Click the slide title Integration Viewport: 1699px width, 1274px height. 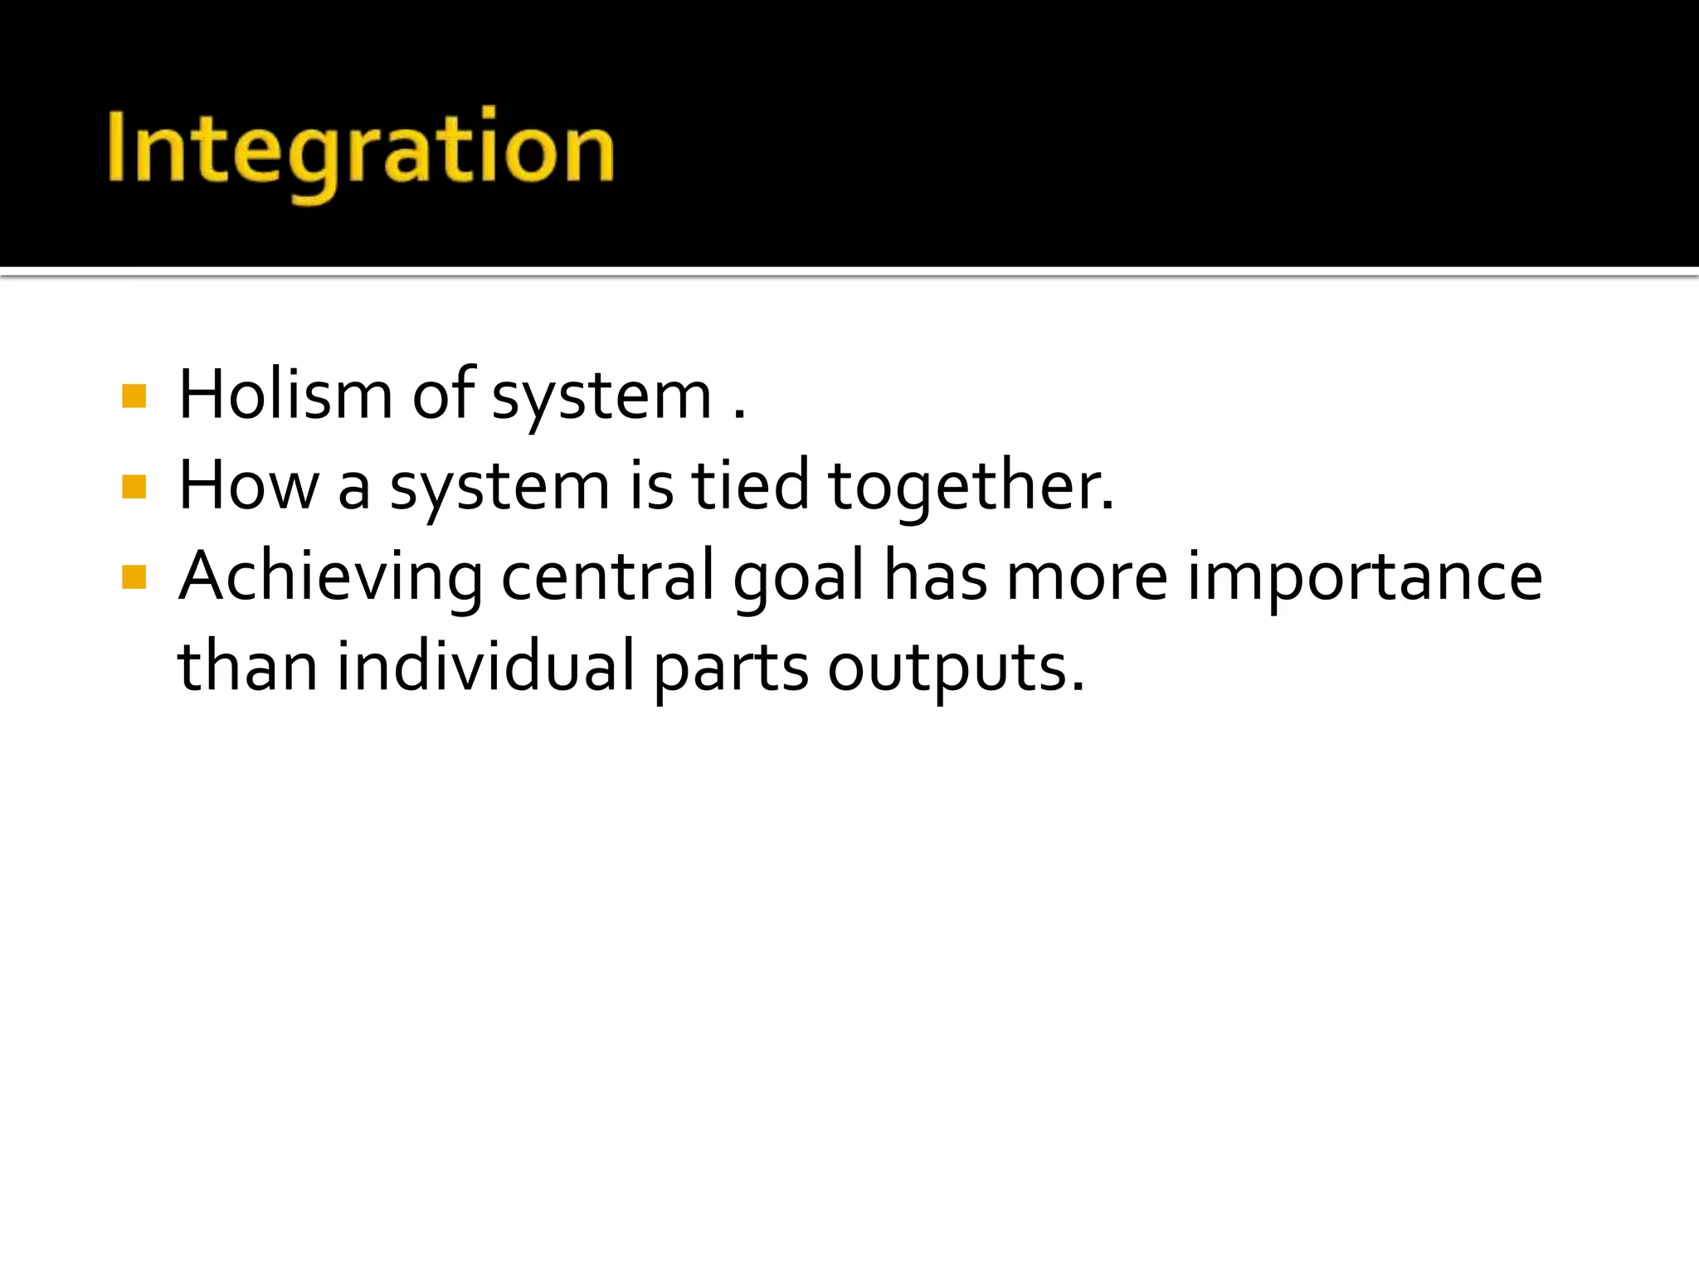(x=361, y=149)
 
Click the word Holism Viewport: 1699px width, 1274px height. (x=285, y=395)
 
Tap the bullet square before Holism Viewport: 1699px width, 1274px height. (x=134, y=396)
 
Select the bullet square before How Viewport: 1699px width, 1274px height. (x=134, y=486)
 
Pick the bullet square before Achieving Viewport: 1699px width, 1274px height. (x=134, y=576)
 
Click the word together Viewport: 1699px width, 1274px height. (x=971, y=486)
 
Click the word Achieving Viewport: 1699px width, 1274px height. (x=331, y=576)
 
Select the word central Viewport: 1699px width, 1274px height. (x=608, y=576)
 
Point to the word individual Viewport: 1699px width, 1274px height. (x=485, y=666)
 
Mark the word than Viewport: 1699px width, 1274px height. (x=248, y=666)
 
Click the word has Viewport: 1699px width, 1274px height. (x=935, y=576)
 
